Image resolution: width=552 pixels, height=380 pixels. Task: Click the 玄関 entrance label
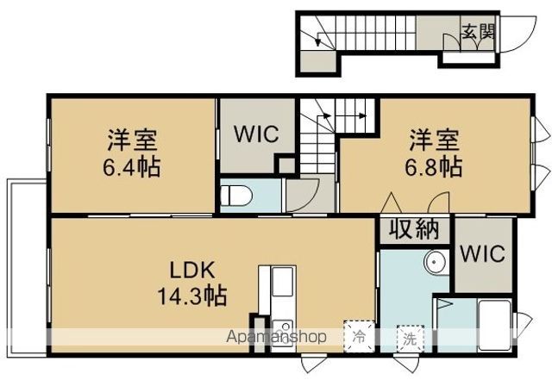[x=478, y=32]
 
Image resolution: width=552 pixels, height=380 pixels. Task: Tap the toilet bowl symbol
[x=236, y=195]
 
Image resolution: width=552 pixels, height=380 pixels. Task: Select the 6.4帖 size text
[x=132, y=167]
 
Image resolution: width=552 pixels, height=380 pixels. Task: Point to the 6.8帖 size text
[x=433, y=167]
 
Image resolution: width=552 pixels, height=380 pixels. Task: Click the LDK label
[x=191, y=271]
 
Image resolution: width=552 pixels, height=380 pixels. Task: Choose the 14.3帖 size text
[x=191, y=296]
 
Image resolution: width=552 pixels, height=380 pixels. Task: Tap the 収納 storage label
[x=414, y=229]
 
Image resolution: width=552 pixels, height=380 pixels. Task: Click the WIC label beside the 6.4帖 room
[x=257, y=134]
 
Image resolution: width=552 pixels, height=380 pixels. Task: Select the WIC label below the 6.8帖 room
[x=483, y=253]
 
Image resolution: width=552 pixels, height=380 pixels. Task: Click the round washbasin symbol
[x=435, y=263]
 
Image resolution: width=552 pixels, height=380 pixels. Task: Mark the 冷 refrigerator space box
[x=359, y=336]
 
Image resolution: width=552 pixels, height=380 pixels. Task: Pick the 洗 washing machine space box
[x=410, y=339]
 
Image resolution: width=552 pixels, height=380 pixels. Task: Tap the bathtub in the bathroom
[x=494, y=325]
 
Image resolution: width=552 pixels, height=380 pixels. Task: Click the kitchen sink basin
[x=283, y=282]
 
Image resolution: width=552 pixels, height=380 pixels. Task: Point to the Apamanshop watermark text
[x=276, y=337]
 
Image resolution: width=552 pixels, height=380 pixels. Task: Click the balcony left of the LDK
[x=27, y=268]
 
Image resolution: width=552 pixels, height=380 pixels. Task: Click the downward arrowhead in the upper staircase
[x=318, y=42]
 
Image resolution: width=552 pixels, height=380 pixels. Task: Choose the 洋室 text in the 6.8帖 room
[x=433, y=140]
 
